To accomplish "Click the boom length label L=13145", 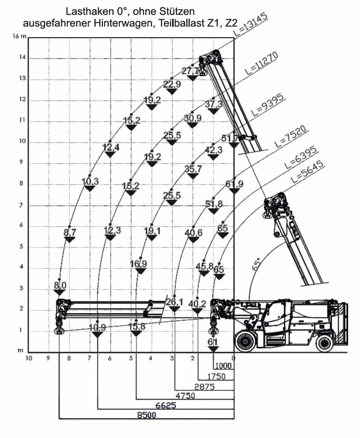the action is pos(251,25).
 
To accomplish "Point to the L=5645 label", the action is pos(308,171).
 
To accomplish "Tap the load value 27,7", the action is pos(191,71).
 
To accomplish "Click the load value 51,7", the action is pos(230,138).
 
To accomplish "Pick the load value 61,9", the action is pos(235,184).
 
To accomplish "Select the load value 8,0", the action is pos(60,285).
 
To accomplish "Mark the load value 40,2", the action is pos(197,304).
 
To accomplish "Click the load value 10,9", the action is pos(98,327).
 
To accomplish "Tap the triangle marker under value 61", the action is pos(213,349).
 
